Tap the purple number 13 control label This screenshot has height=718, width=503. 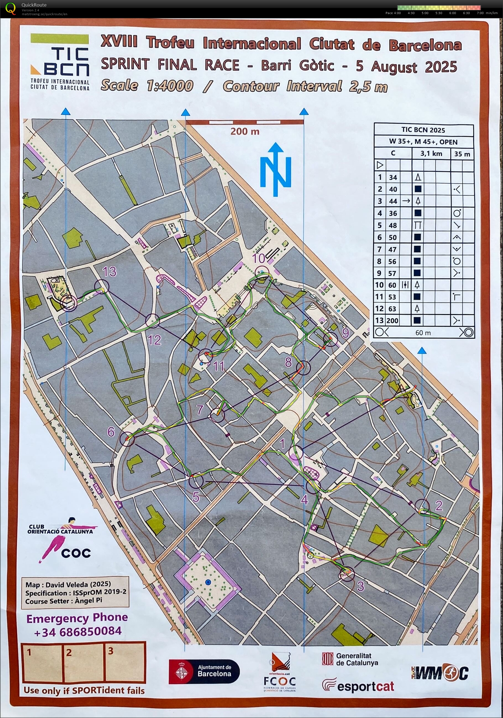[x=109, y=272]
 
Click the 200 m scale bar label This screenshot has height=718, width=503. [x=245, y=131]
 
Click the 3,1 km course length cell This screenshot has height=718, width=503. [x=431, y=154]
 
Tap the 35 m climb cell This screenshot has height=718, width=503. [x=462, y=154]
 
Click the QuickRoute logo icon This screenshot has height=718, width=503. [x=10, y=9]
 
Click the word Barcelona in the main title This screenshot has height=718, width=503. [x=425, y=45]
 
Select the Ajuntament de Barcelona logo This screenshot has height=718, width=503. [x=204, y=671]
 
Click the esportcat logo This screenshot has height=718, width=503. [x=358, y=687]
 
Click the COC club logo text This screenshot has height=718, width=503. [x=76, y=553]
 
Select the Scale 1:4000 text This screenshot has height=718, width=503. [x=147, y=86]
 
